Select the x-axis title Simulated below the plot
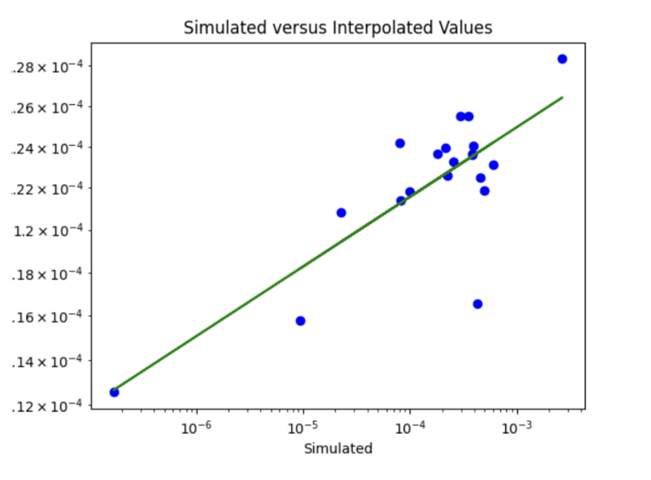click(338, 449)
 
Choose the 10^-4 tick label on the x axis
click(410, 427)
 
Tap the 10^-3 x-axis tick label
click(517, 427)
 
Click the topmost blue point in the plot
click(562, 59)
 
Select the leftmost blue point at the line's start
click(114, 392)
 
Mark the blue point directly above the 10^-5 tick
click(300, 321)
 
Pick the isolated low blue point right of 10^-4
click(477, 304)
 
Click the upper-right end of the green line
click(562, 98)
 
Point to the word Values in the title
click(464, 29)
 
